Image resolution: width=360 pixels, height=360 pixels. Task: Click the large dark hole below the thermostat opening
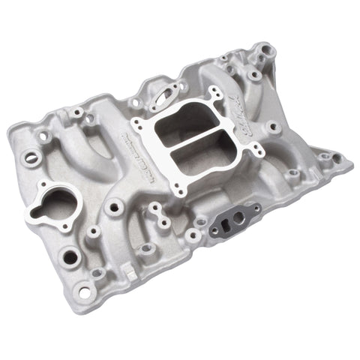click(70, 257)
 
